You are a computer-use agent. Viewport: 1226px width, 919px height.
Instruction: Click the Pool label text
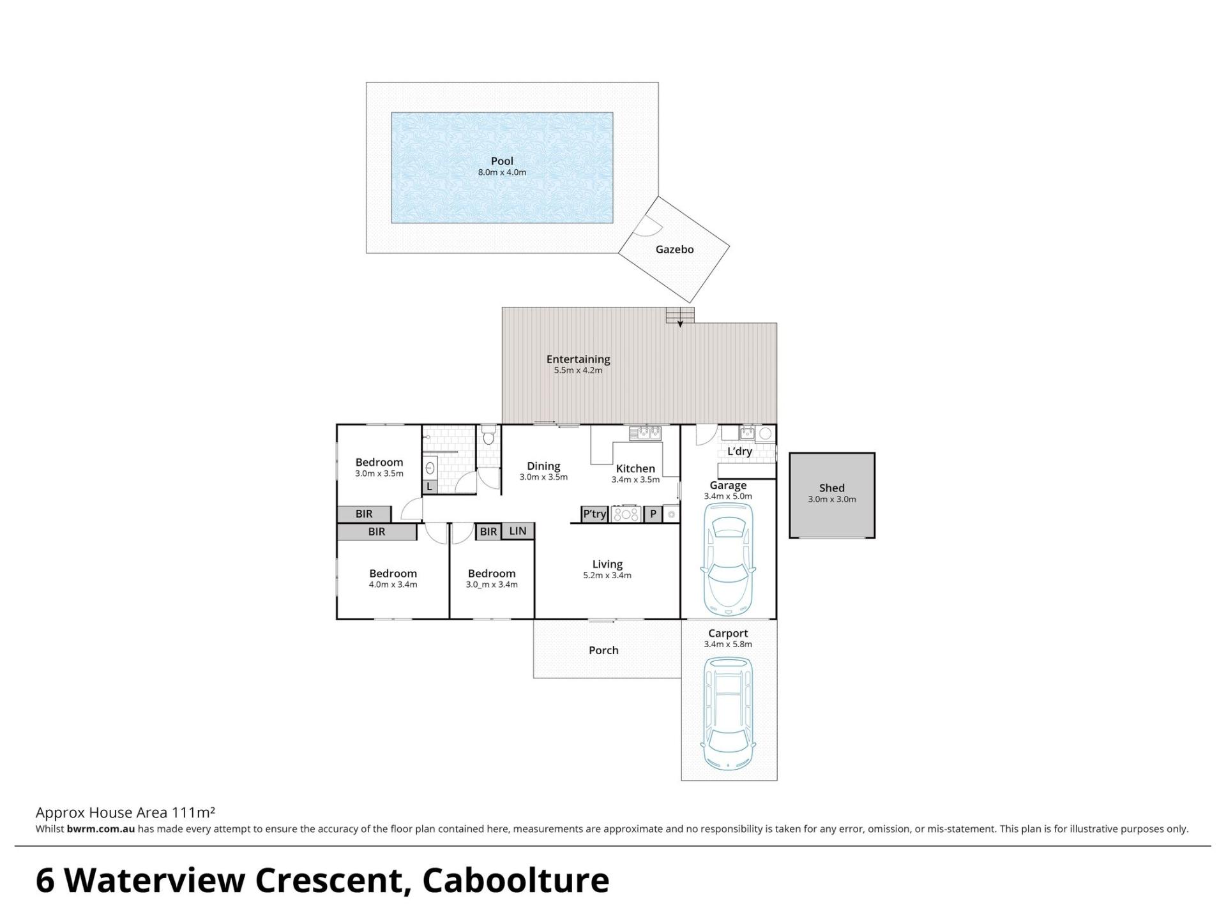[502, 161]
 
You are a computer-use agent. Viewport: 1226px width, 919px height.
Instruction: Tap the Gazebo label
[674, 250]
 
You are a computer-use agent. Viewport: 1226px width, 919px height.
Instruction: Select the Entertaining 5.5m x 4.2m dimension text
[578, 370]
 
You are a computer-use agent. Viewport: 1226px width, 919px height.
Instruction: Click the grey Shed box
[832, 495]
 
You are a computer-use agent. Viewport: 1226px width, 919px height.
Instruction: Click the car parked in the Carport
[728, 712]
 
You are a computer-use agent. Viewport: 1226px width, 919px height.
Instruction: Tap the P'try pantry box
[594, 514]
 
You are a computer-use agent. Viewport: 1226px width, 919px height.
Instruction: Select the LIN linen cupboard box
[517, 531]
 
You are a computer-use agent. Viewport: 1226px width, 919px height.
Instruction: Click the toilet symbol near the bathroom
[489, 436]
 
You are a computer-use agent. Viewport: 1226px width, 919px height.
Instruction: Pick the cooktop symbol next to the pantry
[626, 514]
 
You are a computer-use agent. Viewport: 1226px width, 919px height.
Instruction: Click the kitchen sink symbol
[646, 433]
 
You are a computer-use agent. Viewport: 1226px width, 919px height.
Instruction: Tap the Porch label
[603, 650]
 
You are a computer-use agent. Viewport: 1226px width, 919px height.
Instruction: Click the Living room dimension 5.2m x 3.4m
[607, 576]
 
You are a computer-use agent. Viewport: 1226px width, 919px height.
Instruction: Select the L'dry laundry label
[739, 451]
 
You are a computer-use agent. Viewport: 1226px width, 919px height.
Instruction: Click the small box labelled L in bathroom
[430, 486]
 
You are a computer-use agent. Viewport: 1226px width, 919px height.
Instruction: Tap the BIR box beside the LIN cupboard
[488, 531]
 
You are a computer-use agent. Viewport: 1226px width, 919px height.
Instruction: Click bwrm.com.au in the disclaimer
[100, 830]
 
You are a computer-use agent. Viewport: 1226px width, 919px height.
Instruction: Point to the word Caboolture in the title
[516, 881]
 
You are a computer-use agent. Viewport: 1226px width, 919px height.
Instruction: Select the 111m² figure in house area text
[193, 812]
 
